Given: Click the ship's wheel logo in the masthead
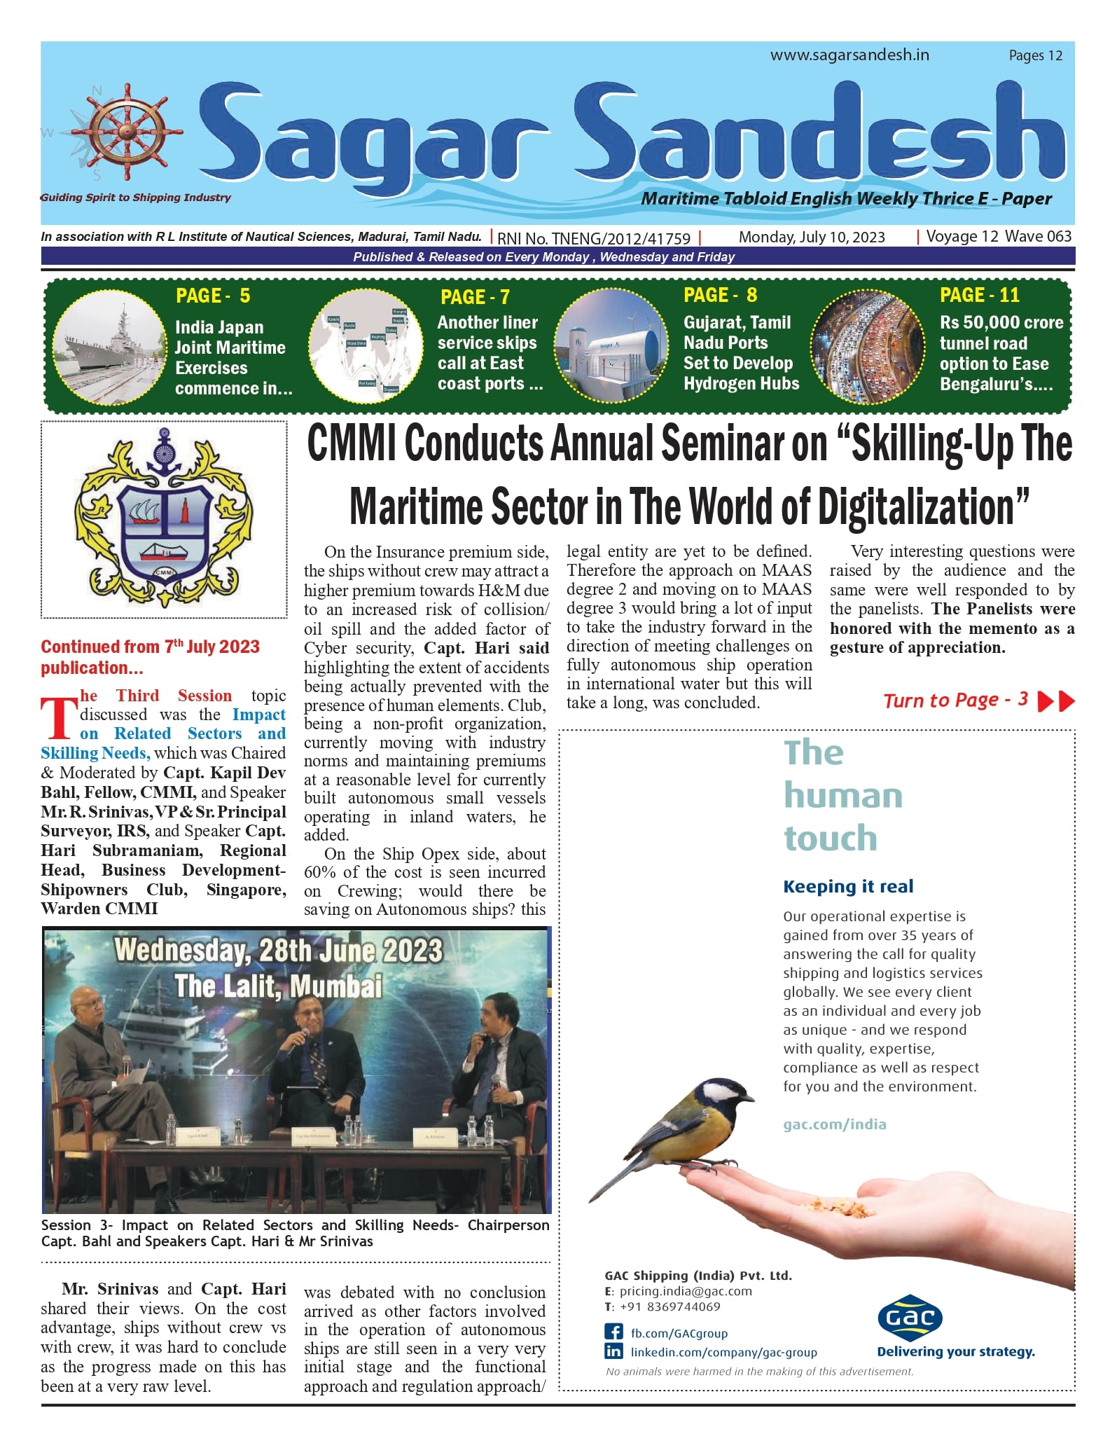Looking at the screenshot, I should pyautogui.click(x=126, y=132).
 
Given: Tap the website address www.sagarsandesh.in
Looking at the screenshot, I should pyautogui.click(x=849, y=55).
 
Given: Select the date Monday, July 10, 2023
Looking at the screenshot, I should pyautogui.click(x=812, y=237).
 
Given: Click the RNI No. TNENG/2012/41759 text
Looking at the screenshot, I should pyautogui.click(x=594, y=238).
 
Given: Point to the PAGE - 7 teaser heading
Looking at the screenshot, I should pyautogui.click(x=475, y=297).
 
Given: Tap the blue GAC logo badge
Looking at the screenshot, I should pyautogui.click(x=910, y=1318).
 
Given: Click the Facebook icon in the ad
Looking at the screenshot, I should pyautogui.click(x=613, y=1332).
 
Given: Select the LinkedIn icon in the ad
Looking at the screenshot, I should pyautogui.click(x=613, y=1351).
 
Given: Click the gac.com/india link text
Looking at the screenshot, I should pyautogui.click(x=834, y=1124).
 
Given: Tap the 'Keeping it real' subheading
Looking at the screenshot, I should pyautogui.click(x=847, y=886).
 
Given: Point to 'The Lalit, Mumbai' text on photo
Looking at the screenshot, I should pyautogui.click(x=278, y=986).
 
